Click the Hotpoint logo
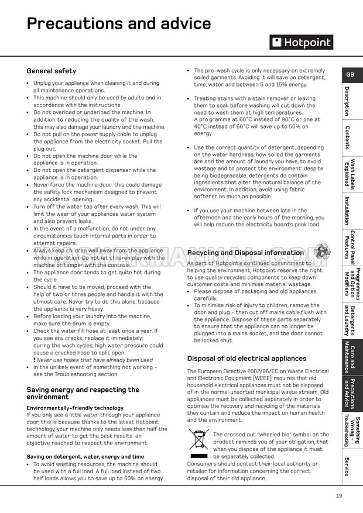301,42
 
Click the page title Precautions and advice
119,23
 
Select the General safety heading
52,71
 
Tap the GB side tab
350,75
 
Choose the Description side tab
350,101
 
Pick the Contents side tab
350,138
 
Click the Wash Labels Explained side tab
350,174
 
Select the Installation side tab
350,211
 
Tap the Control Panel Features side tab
350,247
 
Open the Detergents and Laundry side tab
350,319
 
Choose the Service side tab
350,466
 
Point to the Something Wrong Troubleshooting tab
350,430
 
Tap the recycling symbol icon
321,252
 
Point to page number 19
339,496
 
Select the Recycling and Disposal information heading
245,253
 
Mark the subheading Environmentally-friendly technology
75,408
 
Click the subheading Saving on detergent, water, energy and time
85,456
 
